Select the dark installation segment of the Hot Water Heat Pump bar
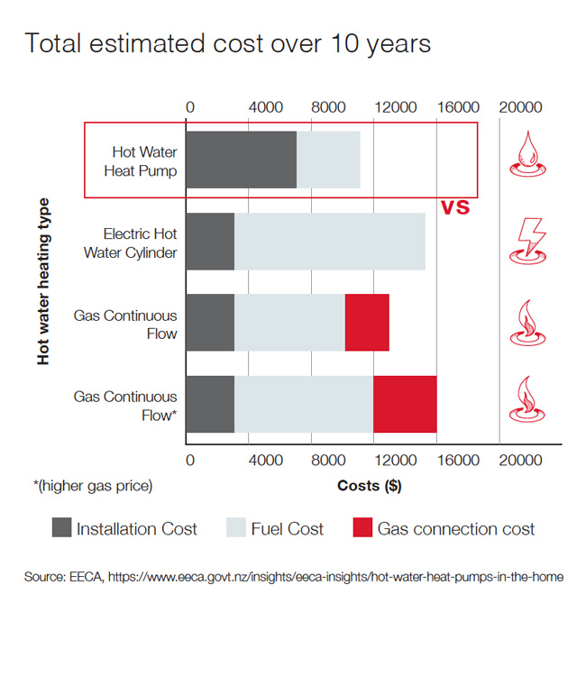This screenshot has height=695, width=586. [x=241, y=160]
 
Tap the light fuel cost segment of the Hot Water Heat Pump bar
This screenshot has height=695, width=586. [x=328, y=160]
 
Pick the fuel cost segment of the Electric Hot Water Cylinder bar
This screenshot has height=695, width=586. [x=329, y=242]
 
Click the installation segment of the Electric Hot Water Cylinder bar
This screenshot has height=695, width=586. [x=210, y=242]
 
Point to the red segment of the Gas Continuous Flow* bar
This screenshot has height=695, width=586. [x=405, y=405]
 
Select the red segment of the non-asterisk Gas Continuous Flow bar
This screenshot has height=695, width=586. [x=367, y=323]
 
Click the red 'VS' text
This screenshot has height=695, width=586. [x=455, y=207]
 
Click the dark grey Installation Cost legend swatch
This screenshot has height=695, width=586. [x=61, y=528]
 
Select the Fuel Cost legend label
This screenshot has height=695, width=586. [x=287, y=529]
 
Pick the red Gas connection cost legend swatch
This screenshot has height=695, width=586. [x=362, y=528]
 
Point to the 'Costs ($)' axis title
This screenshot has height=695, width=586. [x=369, y=486]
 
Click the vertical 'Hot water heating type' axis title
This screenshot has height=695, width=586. [x=43, y=282]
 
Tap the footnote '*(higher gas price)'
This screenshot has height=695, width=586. [x=93, y=486]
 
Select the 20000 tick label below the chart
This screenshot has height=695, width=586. [x=520, y=460]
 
